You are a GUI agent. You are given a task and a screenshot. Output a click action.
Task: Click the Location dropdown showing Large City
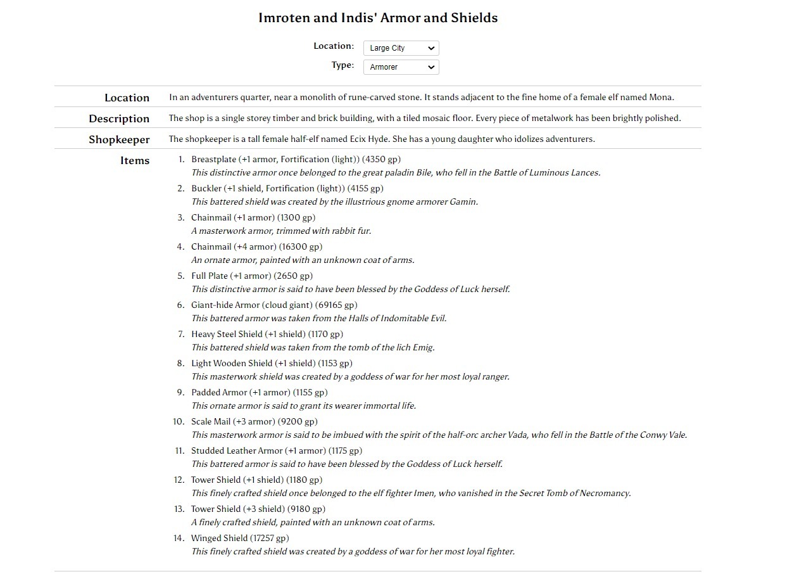401,48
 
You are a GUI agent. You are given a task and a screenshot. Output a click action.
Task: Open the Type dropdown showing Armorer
401,67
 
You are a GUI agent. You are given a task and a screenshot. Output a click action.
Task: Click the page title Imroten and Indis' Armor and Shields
378,18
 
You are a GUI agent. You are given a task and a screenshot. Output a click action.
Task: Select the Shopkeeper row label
119,139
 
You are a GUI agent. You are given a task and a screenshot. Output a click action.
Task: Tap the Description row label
119,118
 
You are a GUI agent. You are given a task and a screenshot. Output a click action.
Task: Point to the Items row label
135,160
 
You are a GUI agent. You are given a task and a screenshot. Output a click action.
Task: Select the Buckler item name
206,188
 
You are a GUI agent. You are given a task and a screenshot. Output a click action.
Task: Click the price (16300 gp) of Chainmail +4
301,246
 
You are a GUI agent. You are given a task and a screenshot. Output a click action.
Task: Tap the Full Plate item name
210,276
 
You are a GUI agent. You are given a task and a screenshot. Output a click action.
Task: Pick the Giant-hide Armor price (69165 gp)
336,305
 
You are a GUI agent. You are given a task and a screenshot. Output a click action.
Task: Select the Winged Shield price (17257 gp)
269,538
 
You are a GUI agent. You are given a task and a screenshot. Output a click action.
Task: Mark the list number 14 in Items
179,538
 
